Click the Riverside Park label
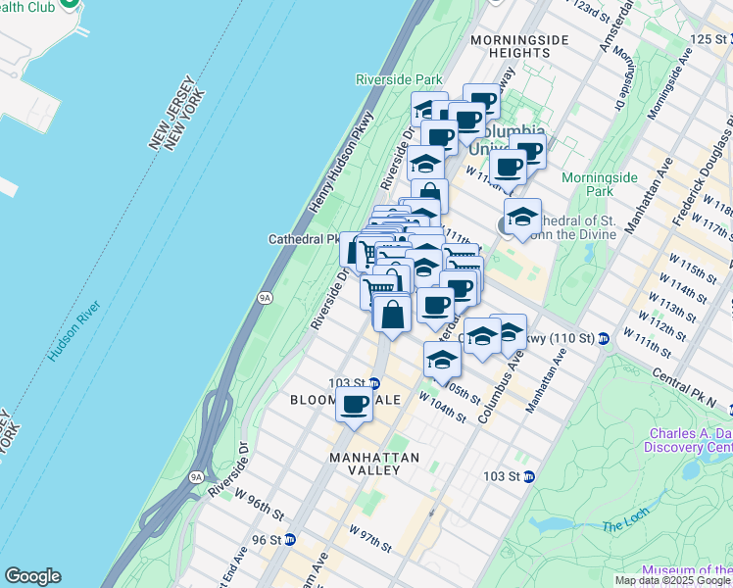pyautogui.click(x=399, y=79)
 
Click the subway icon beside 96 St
pyautogui.click(x=289, y=539)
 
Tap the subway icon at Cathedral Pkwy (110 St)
pyautogui.click(x=604, y=339)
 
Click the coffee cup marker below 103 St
pyautogui.click(x=355, y=404)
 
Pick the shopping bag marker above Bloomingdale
pyautogui.click(x=392, y=316)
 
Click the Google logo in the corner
pyautogui.click(x=32, y=576)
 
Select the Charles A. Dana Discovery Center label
pyautogui.click(x=688, y=440)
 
